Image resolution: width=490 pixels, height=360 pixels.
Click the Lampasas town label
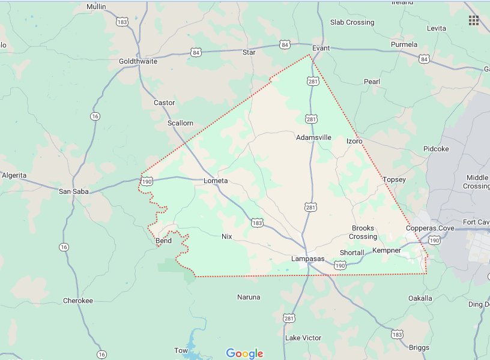307,259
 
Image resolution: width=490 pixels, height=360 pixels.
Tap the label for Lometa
216,181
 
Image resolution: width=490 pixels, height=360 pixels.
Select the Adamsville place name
313,137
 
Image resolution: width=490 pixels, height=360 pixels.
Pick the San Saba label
73,191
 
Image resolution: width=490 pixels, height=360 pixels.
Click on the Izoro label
354,141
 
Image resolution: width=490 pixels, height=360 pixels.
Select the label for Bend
163,241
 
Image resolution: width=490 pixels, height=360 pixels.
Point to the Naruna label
249,297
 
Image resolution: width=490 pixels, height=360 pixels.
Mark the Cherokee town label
78,301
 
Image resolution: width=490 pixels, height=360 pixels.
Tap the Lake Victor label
303,338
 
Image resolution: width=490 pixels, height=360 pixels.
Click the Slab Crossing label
352,23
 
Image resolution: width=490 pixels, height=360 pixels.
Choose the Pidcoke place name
436,149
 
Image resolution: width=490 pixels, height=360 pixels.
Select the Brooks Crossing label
363,232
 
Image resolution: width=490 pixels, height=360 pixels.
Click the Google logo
245,353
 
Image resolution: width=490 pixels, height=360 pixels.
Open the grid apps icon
474,20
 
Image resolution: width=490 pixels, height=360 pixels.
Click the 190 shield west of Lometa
147,180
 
